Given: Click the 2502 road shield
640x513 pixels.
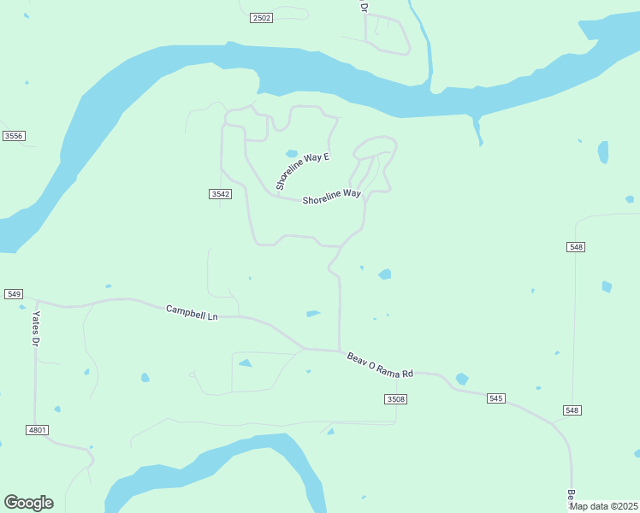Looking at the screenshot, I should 262,18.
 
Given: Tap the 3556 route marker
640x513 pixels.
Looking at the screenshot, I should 13,136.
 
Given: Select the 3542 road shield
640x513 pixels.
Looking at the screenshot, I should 220,194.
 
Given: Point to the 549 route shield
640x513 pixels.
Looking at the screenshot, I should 13,294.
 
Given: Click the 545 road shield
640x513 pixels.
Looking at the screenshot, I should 496,398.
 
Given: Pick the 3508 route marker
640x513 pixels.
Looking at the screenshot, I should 395,399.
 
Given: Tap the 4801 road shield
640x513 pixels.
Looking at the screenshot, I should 37,429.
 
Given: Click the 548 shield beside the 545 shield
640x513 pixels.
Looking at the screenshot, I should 572,410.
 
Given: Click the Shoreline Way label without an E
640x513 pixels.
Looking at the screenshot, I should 331,197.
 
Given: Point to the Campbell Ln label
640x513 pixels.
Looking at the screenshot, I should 192,313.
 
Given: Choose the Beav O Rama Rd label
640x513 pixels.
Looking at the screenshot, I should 380,365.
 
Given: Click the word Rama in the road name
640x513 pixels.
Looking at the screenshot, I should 387,368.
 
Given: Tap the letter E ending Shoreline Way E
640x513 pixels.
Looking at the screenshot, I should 326,156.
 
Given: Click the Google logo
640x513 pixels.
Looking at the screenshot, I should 28,503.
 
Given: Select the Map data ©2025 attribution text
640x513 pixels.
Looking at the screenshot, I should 603,505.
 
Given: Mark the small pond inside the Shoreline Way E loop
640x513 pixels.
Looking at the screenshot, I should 292,154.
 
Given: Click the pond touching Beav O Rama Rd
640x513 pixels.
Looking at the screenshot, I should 462,379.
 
